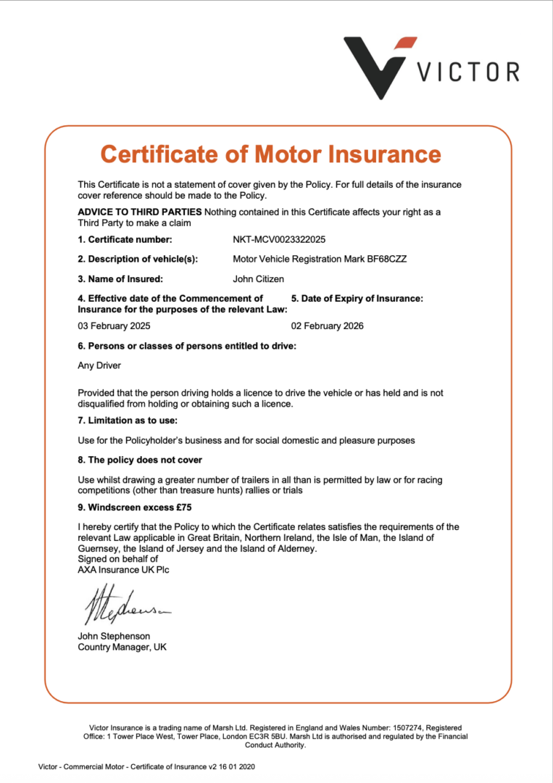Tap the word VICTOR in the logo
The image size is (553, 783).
point(468,72)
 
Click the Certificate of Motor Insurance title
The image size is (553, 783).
point(270,154)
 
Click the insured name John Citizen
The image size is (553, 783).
point(259,278)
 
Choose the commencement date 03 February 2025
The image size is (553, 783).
point(114,326)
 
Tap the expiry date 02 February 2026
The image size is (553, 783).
point(328,326)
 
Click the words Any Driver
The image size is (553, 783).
point(99,365)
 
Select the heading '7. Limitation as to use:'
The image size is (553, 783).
point(128,420)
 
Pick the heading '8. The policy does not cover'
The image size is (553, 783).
point(140,460)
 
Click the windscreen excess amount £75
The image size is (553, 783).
point(184,507)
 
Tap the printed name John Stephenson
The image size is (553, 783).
point(114,636)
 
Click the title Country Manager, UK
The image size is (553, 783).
point(122,647)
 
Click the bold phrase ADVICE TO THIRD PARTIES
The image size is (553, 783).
point(140,212)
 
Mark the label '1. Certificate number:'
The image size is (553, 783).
point(125,239)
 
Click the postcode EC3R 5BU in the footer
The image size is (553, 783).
point(296,737)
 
